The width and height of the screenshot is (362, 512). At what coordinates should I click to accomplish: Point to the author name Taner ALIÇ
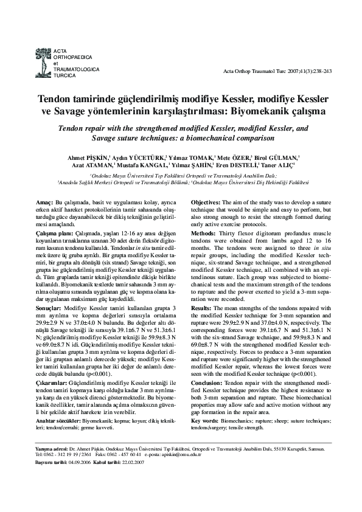tap(279, 165)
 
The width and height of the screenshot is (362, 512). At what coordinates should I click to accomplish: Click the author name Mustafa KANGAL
tap(142, 165)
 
